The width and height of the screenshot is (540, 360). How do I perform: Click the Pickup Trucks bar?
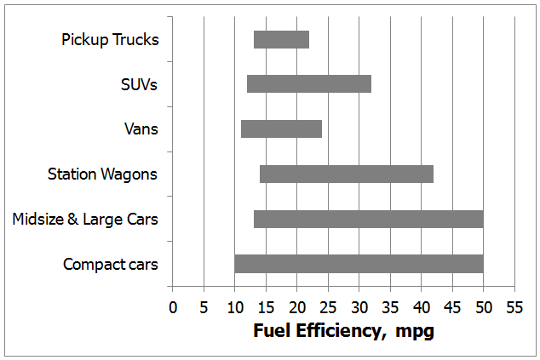(281, 39)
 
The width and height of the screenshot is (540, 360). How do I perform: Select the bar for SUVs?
(309, 83)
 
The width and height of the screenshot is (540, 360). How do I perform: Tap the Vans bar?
(281, 129)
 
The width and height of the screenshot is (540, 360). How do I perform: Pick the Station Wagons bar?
(347, 174)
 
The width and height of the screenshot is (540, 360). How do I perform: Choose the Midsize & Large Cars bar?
(368, 219)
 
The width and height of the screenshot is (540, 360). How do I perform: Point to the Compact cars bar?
(359, 264)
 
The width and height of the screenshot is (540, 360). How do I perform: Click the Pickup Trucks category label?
(110, 39)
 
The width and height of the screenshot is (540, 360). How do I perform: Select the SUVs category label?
(140, 84)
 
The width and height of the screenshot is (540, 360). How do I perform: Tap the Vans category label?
(141, 129)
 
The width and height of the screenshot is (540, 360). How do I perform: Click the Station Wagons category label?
(102, 174)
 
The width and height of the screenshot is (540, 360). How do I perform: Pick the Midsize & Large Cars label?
(85, 220)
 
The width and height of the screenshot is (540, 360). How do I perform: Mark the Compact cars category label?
(111, 265)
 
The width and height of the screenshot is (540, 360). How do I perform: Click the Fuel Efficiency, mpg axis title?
(343, 331)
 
